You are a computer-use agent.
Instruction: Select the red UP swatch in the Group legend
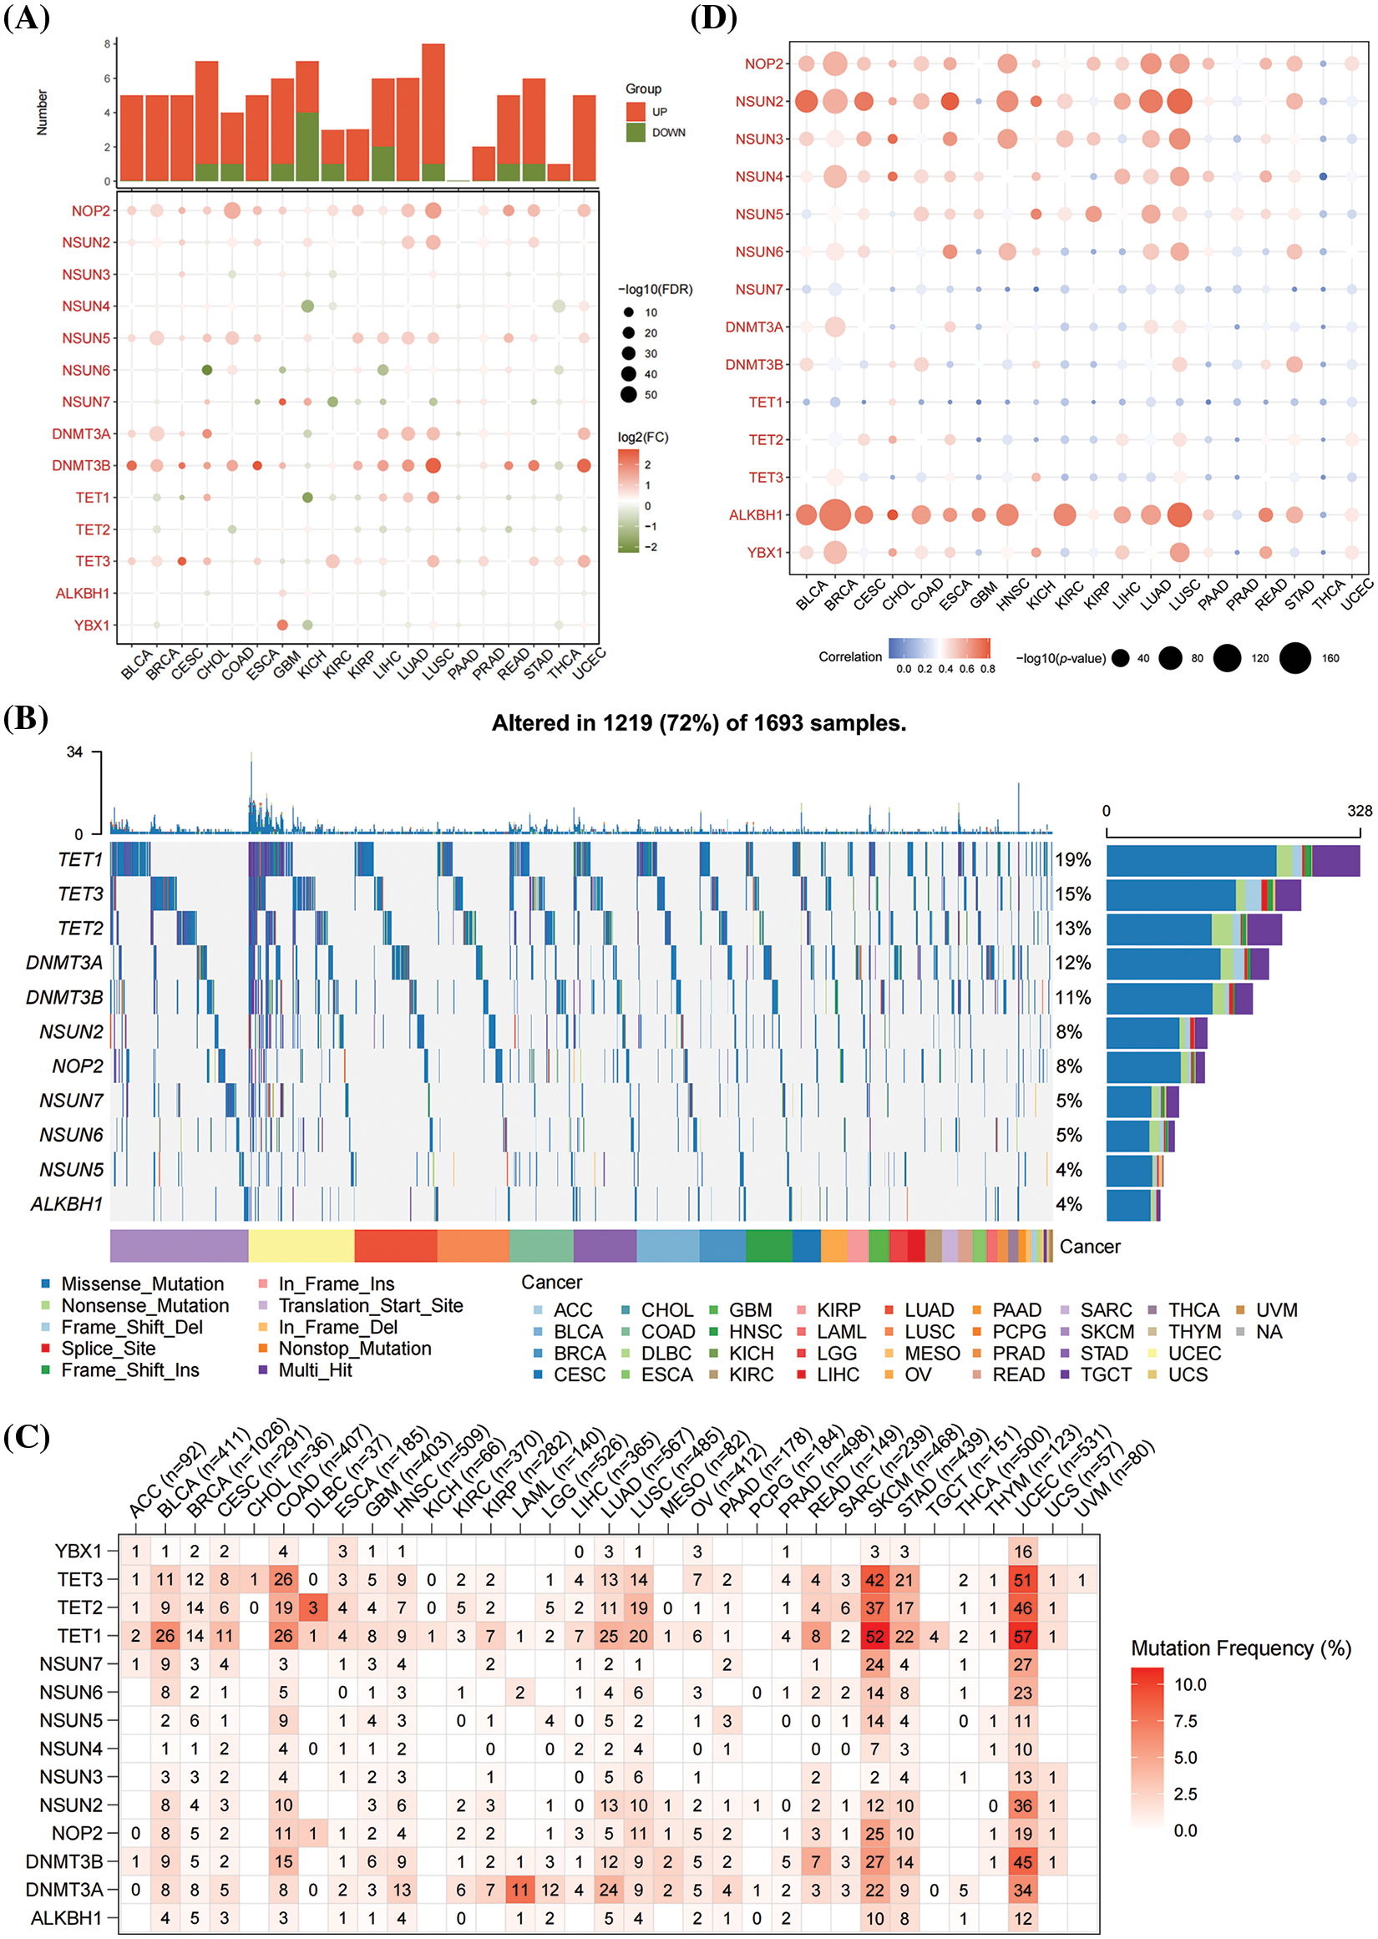coord(636,112)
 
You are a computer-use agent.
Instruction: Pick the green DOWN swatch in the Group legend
coord(636,132)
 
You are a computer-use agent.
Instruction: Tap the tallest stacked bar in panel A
coord(433,112)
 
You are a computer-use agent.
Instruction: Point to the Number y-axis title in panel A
coord(42,113)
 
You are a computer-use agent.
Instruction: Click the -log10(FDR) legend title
coord(655,289)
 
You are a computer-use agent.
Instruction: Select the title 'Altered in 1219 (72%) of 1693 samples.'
coord(698,722)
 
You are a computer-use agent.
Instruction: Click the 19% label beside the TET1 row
coord(1072,859)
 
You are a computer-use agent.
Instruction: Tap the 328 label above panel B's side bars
coord(1359,811)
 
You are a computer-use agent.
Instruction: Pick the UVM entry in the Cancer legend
coord(1276,1310)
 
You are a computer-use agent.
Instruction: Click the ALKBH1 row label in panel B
coord(66,1203)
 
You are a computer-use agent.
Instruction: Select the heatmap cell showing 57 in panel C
coord(1022,1635)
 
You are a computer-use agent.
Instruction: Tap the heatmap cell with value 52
coord(875,1635)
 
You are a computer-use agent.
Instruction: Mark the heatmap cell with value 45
coord(1022,1862)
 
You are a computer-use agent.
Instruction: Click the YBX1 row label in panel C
coord(78,1551)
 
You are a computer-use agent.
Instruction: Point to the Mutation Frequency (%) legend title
coord(1240,1648)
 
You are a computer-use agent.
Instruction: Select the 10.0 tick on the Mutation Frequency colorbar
coord(1189,1684)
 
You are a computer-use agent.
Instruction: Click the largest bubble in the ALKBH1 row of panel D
coord(835,515)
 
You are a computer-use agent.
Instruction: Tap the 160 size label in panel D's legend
coord(1330,658)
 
